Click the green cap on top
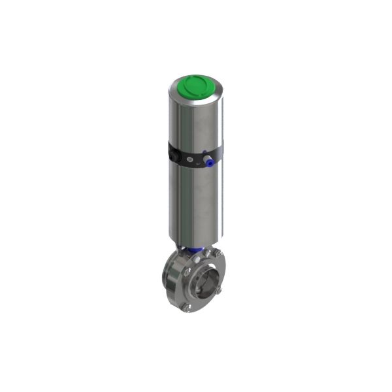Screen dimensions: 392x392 pos(195,85)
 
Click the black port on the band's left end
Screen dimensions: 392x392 pos(173,155)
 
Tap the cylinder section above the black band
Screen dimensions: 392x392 pos(195,121)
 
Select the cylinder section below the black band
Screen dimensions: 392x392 pos(195,203)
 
